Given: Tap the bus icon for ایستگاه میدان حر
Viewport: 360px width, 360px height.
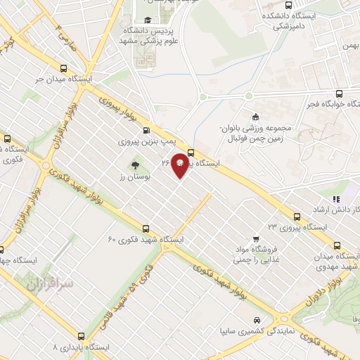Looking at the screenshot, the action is tap(64, 70).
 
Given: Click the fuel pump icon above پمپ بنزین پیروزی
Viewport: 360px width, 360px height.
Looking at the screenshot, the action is tap(146, 130).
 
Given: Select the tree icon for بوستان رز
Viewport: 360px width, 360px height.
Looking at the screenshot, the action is tap(134, 166).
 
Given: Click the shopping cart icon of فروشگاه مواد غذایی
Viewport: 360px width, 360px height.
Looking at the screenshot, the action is tap(257, 239).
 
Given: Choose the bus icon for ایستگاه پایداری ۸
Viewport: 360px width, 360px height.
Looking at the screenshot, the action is tap(82, 336).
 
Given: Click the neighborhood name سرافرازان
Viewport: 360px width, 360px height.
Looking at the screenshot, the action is tap(50, 285).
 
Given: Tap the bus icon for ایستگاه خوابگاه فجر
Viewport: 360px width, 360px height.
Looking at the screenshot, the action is tap(340, 94).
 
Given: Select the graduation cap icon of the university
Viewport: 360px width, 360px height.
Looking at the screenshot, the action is tap(148, 20).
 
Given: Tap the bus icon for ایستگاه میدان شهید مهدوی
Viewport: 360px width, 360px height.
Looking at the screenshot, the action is tap(337, 246).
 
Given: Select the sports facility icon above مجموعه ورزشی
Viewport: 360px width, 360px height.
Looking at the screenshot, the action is tap(255, 117).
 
